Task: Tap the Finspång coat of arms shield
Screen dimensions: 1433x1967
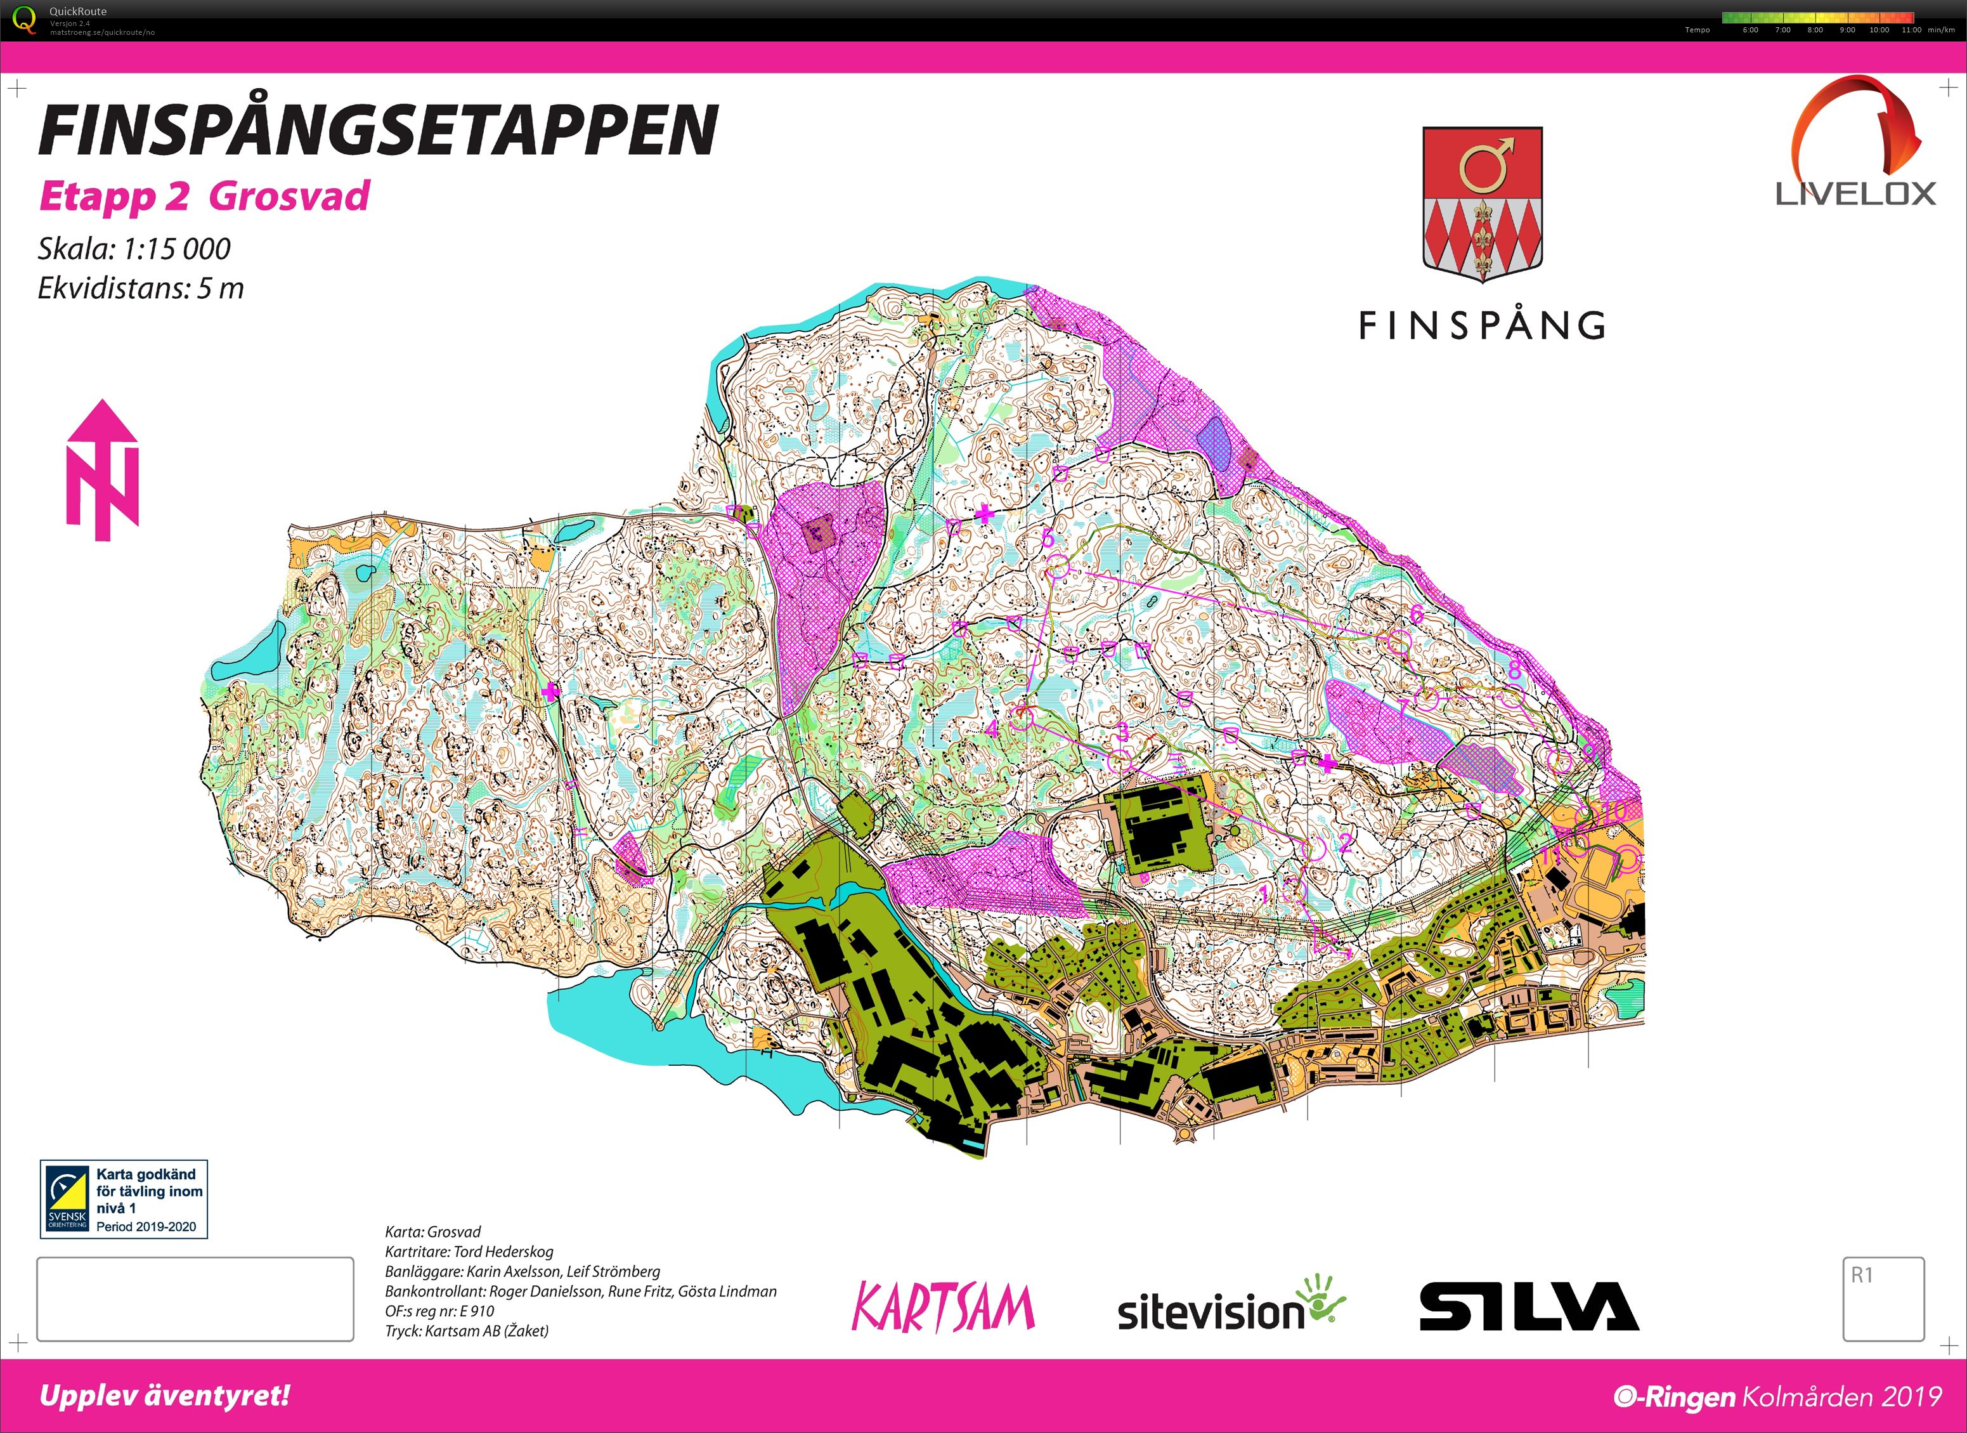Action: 1481,203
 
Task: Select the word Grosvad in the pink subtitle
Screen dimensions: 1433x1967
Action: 289,196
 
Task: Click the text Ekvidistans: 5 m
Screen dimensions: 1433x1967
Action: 141,288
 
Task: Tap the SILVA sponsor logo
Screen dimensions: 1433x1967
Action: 1528,1306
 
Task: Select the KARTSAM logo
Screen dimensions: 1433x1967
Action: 943,1306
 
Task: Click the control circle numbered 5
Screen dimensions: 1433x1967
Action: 1056,570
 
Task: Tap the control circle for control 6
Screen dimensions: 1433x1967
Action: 1398,643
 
